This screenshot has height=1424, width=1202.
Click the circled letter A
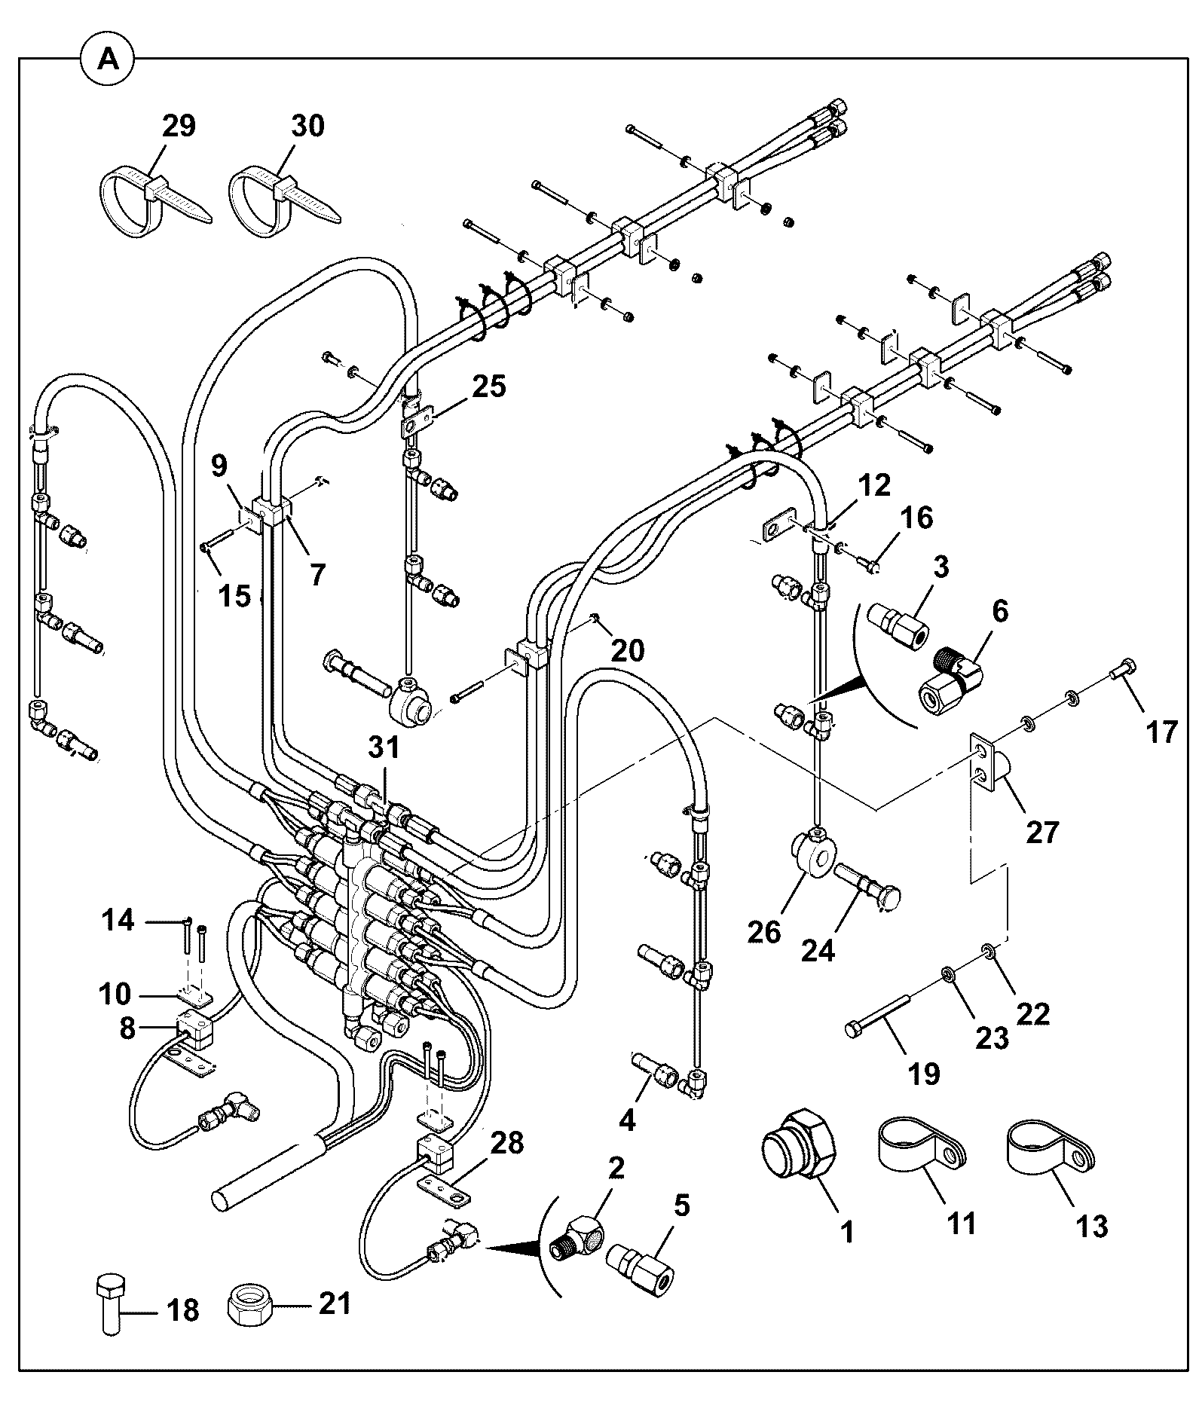click(109, 59)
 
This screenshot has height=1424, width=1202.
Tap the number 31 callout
click(384, 747)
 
